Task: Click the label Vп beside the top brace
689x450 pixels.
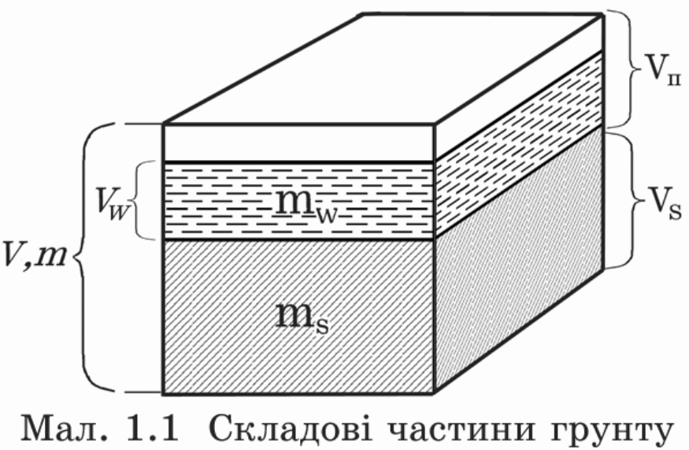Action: point(661,71)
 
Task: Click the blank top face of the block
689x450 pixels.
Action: point(382,69)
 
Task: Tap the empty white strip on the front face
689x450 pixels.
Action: point(298,143)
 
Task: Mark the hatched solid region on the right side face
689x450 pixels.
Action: point(517,259)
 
